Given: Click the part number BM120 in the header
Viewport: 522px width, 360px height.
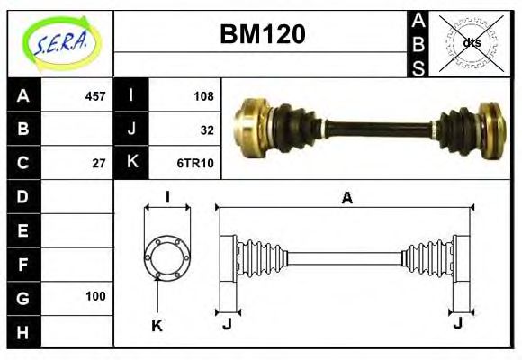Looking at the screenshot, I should pos(262,34).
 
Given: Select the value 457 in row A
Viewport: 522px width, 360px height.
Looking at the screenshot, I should pos(94,96).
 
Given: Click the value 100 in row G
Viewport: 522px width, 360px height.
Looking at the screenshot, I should pos(95,296).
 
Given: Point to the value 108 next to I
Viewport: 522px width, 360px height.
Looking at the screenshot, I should pos(203,96).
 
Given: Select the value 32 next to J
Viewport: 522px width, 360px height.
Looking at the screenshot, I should pos(207,130).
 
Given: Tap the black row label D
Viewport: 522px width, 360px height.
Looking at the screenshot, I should pos(23,196).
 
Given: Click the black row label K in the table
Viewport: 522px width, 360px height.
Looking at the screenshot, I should pos(132,163).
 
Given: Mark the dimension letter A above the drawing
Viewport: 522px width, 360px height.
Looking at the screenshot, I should pos(346,199).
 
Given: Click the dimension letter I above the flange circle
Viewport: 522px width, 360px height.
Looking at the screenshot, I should pos(167,197).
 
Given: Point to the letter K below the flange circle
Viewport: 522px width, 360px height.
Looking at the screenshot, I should pos(157,326).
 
